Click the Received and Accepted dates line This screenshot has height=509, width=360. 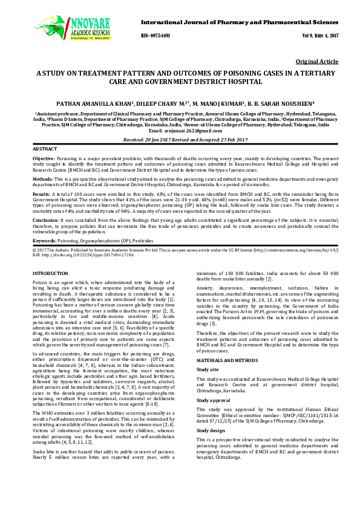tap(180, 139)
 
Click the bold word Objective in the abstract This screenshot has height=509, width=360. tap(43, 157)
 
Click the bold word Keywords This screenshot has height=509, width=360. tap(44, 241)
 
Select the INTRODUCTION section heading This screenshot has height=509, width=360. tap(50, 274)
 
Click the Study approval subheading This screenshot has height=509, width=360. tap(215, 383)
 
